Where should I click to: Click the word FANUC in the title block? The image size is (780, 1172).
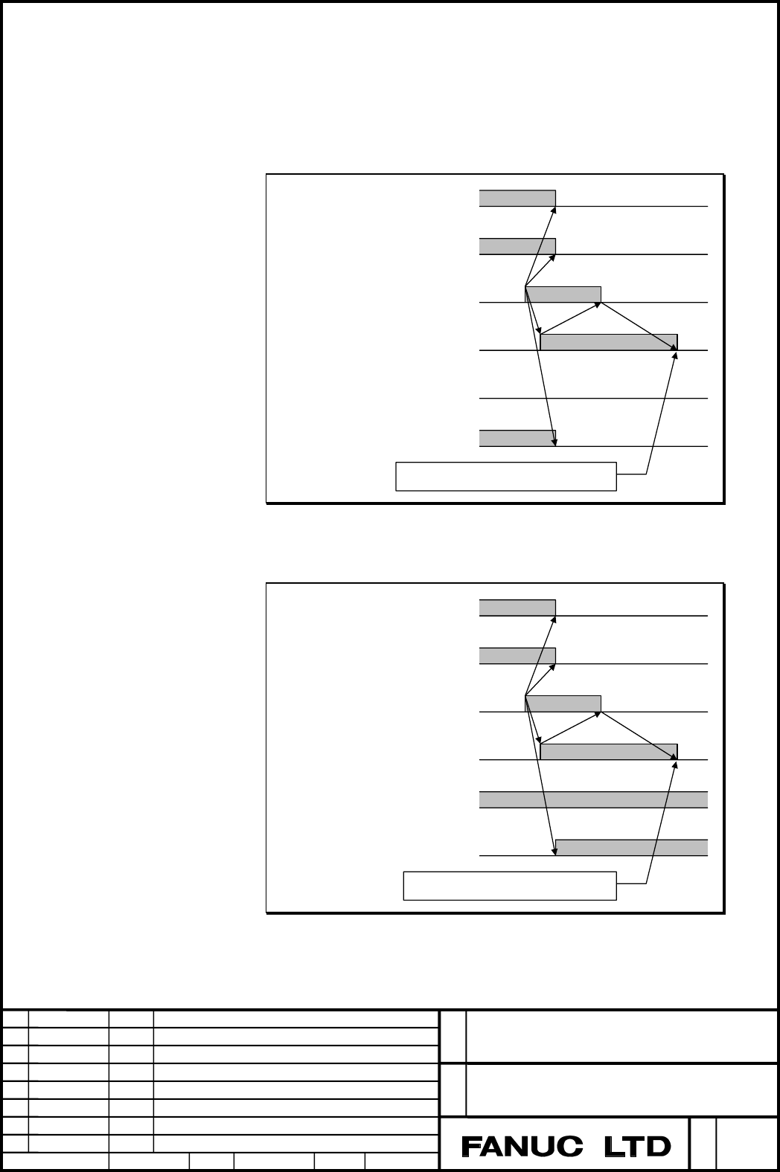[522, 1147]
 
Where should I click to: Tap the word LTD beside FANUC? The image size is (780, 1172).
[638, 1147]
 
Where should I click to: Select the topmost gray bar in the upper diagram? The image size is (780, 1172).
[517, 199]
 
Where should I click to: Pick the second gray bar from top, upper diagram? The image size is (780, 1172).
[517, 246]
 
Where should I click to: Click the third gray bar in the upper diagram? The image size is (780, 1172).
[563, 294]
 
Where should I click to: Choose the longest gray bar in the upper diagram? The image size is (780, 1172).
[609, 342]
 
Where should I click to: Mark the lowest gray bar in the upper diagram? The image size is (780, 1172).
[517, 439]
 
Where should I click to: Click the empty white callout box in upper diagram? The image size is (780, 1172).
[505, 477]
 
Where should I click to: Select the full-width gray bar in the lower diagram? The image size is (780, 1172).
[594, 800]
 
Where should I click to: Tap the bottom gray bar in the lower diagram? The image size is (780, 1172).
[632, 848]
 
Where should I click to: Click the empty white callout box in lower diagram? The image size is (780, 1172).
[510, 886]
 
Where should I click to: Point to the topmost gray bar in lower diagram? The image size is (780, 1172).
[517, 608]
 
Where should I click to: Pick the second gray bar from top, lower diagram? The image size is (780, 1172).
[517, 656]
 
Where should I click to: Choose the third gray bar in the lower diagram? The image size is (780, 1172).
[563, 703]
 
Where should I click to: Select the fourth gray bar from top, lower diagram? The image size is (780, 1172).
[609, 752]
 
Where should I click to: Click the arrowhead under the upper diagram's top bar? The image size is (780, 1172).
[554, 210]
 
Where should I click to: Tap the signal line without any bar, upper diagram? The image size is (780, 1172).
[594, 399]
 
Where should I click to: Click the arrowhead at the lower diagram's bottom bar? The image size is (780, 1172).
[554, 852]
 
